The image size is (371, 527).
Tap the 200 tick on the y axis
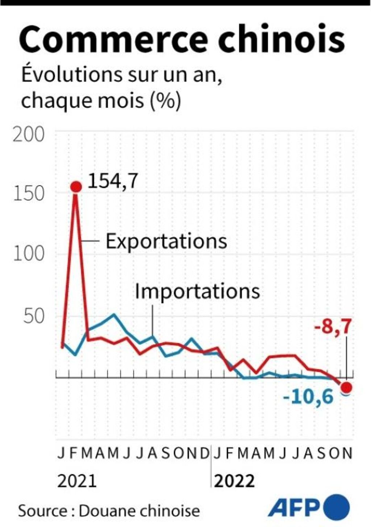point(29,135)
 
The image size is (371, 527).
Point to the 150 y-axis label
point(29,194)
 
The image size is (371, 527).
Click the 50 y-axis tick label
point(34,316)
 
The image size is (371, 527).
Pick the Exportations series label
point(166,241)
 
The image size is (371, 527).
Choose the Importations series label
point(197,291)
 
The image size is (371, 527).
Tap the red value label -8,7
point(333,328)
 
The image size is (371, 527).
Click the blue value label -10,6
point(308,397)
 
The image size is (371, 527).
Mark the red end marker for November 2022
point(346,387)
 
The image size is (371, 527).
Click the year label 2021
point(77,481)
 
